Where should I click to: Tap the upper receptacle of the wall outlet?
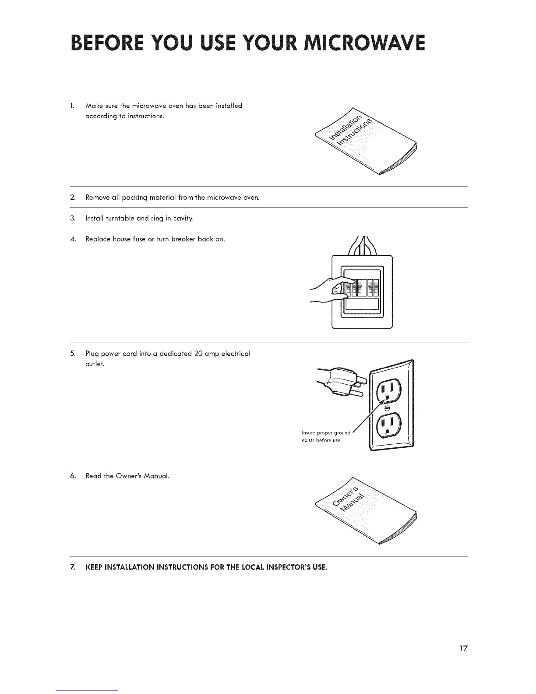coord(386,389)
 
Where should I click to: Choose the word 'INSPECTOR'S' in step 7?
coord(290,567)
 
